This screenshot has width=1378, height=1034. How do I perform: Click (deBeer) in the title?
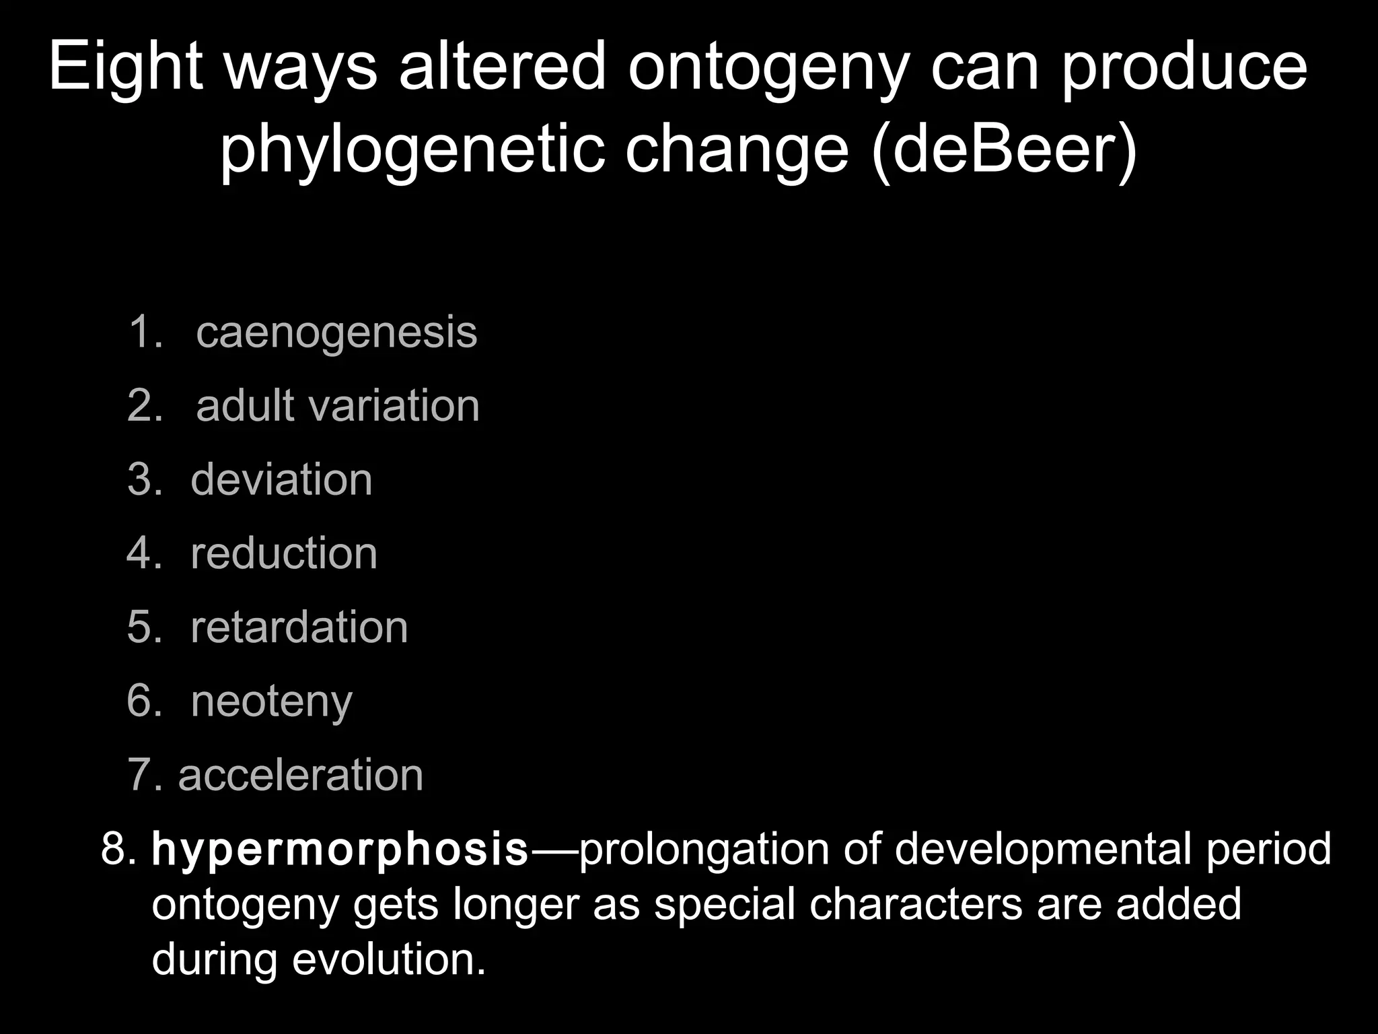[1003, 149]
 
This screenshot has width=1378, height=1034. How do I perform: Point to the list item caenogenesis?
[336, 332]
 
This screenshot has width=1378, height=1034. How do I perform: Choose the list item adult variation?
[338, 406]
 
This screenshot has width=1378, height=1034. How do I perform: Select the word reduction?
[284, 553]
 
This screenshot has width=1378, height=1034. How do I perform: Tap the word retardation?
[299, 627]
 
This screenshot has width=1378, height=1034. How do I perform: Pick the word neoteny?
[272, 702]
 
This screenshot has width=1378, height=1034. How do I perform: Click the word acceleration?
[301, 775]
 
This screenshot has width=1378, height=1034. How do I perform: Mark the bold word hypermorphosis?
[340, 850]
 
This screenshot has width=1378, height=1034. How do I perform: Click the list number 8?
[118, 849]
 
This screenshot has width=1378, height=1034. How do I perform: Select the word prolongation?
[704, 850]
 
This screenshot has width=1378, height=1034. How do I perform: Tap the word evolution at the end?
[388, 959]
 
